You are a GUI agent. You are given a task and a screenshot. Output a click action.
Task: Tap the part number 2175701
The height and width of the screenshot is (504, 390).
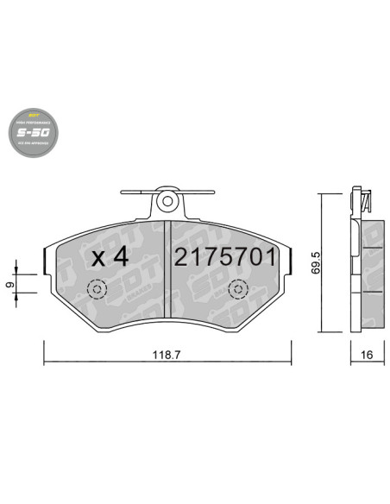(x=225, y=256)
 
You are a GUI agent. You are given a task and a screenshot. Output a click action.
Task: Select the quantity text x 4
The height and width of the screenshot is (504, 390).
(x=110, y=256)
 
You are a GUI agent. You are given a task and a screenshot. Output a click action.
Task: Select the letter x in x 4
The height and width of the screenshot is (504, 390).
(x=97, y=257)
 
